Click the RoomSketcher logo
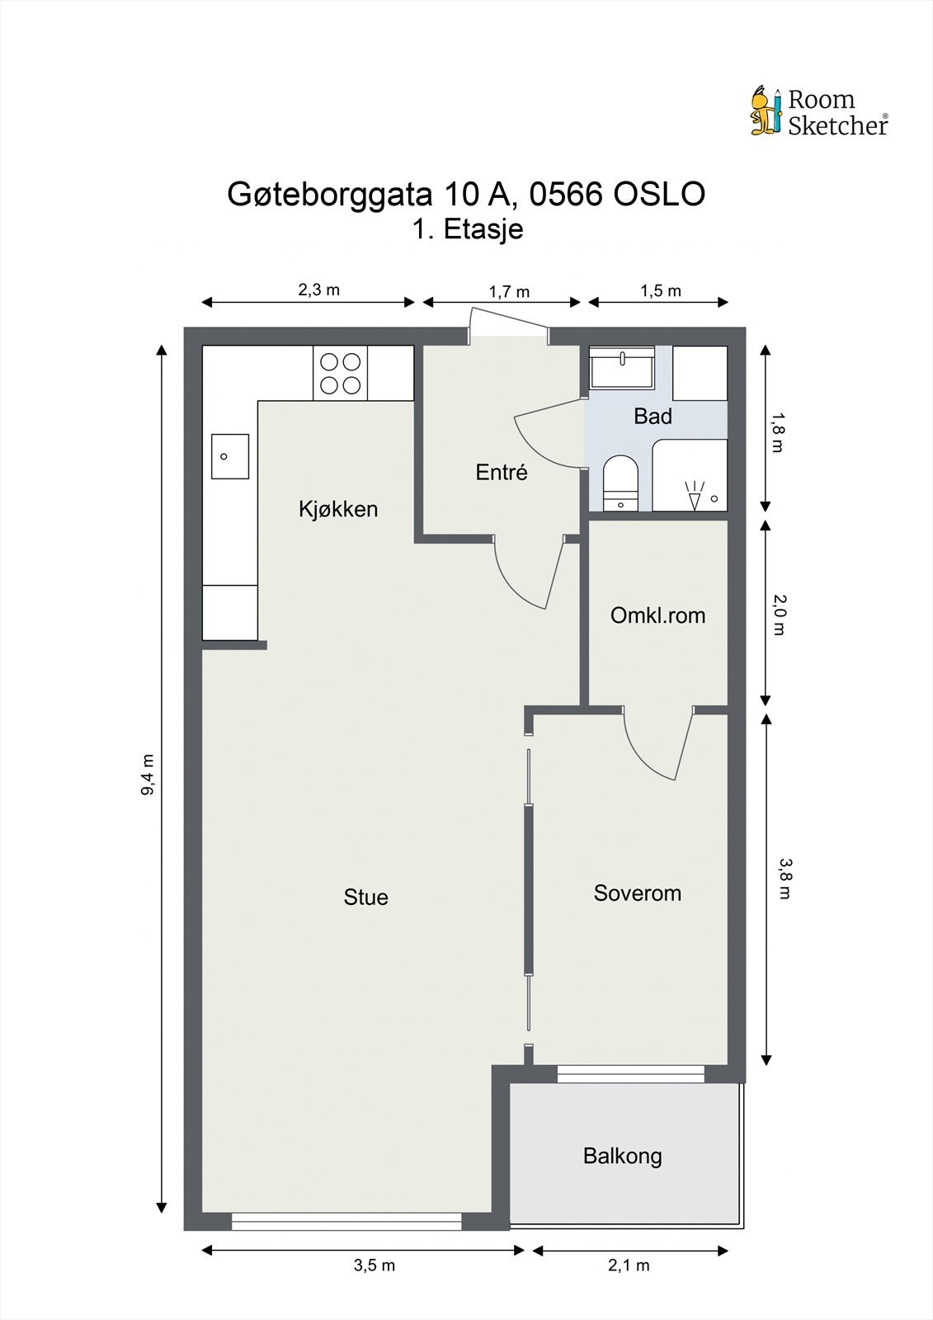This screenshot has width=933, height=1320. (818, 111)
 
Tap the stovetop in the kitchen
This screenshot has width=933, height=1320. (340, 373)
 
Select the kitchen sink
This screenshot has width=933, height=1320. (229, 456)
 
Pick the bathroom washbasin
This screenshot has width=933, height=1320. (622, 367)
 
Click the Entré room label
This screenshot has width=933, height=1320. (502, 473)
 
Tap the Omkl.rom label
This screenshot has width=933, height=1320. (657, 615)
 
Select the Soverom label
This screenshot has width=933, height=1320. (638, 893)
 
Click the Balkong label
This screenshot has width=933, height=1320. (622, 1156)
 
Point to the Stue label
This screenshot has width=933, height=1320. (365, 898)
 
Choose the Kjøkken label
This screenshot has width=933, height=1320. (338, 509)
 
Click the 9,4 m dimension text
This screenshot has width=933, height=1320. (148, 775)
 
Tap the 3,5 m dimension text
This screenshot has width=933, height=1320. (375, 1266)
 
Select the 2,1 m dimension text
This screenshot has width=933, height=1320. (629, 1266)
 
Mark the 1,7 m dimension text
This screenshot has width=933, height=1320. (509, 292)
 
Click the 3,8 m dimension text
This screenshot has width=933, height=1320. (785, 879)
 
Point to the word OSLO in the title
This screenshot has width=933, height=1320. (658, 195)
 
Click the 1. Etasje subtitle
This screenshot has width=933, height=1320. (468, 229)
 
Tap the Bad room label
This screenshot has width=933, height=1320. (653, 417)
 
